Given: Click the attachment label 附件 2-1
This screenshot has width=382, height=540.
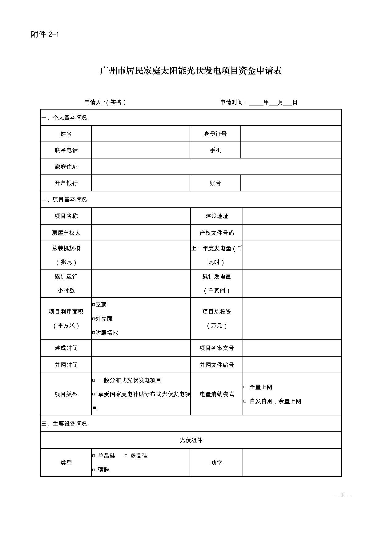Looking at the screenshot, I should coord(45,34).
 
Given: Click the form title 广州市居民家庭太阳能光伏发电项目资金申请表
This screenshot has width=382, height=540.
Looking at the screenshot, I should coord(191,71).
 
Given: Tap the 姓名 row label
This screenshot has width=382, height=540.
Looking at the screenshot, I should coord(66,134).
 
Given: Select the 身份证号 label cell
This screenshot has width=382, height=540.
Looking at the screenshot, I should coord(215,134).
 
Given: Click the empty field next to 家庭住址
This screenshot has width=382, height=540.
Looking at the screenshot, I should coord(216,166).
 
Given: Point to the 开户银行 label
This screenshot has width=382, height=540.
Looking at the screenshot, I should coord(66,183).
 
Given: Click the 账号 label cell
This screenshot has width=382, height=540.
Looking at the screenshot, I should coord(215,183).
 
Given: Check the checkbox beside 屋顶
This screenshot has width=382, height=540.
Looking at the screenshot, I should coord(94,305).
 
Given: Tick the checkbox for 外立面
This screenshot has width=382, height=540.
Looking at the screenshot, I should coord(94,319).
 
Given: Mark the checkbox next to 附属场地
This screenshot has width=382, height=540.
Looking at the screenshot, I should coord(94,333).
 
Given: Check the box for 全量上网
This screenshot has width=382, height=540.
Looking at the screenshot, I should coord(245,387).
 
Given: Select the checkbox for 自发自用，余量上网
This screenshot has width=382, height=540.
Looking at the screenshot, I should coord(245,401).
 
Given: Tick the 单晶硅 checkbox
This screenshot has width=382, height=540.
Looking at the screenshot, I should coord(94,456).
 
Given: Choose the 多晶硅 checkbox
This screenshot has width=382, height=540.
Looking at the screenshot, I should coord(126,456).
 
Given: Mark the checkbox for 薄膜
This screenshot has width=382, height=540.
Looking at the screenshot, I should coord(94,470).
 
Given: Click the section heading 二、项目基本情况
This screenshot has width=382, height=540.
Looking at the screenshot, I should coord(64,199).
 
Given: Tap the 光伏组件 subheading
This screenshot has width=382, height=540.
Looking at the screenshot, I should coord(191,440).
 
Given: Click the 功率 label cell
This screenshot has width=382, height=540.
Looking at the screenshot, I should coord(216,462).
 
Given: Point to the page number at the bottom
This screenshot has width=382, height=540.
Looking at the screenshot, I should coord(343,495).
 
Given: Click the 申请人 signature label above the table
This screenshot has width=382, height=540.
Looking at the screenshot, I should coord(105,102).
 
